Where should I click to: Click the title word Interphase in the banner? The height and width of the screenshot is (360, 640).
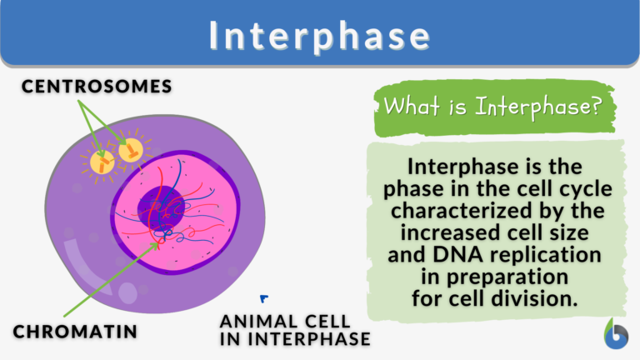[320, 35]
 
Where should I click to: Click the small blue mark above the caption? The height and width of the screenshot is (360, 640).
[263, 297]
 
